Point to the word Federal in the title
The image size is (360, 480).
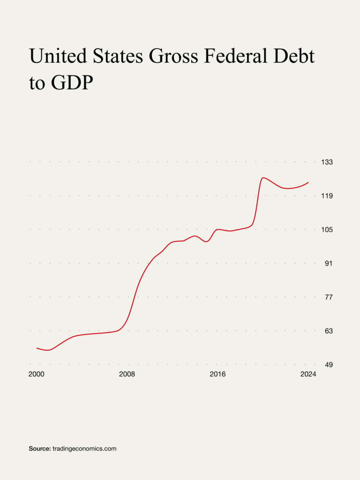pyautogui.click(x=240, y=56)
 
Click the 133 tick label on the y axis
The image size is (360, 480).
pyautogui.click(x=327, y=162)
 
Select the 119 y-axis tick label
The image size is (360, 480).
pyautogui.click(x=327, y=196)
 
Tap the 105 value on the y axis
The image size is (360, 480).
pyautogui.click(x=327, y=230)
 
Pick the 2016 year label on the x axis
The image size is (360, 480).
pyautogui.click(x=217, y=374)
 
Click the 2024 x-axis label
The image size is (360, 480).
pyautogui.click(x=308, y=374)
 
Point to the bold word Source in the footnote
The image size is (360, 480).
pyautogui.click(x=40, y=449)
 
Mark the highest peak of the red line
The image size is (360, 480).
pyautogui.click(x=264, y=178)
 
